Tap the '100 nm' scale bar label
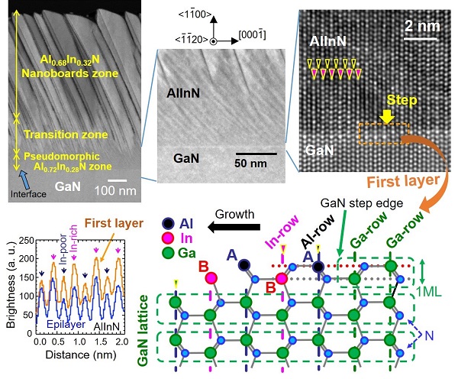(115, 191)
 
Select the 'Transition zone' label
(66, 134)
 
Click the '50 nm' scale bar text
(250, 164)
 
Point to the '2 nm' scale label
(422, 26)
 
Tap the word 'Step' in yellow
(402, 100)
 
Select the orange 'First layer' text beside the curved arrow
(403, 181)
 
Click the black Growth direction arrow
(234, 227)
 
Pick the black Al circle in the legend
(168, 224)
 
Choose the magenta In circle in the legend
(168, 238)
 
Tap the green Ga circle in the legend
(168, 253)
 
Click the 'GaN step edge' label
(362, 203)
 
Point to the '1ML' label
(429, 292)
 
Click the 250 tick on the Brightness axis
(26, 241)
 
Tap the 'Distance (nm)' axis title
(81, 355)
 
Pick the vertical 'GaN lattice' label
(143, 330)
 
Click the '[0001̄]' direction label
(253, 35)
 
